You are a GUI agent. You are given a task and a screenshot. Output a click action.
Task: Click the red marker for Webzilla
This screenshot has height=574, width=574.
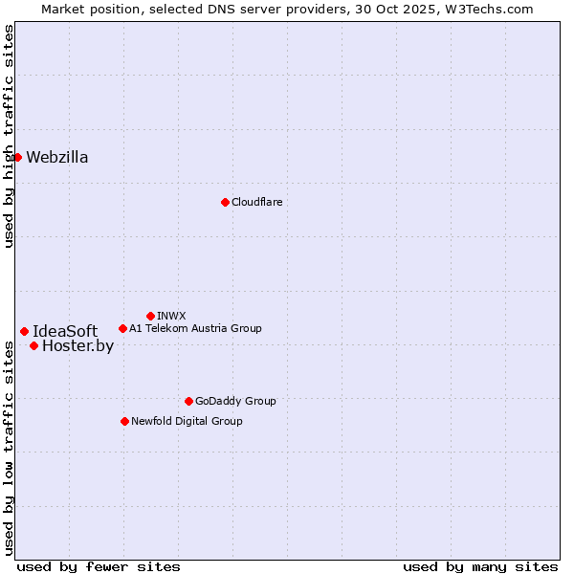pos(17,157)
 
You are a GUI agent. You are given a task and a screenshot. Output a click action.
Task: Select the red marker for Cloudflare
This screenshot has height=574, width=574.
pos(225,202)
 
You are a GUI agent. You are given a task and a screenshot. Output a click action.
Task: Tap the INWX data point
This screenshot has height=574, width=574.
pos(150,316)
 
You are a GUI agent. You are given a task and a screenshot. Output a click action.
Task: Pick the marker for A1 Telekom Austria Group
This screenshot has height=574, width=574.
pos(122,328)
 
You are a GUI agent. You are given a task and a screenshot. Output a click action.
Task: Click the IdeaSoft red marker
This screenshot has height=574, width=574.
pos(24,331)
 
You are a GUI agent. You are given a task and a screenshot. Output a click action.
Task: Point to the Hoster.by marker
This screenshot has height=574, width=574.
pos(33,345)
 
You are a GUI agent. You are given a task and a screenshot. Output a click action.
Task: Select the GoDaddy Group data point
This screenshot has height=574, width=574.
pos(188,401)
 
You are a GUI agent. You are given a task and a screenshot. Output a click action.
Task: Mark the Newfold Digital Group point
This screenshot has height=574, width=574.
pos(124,421)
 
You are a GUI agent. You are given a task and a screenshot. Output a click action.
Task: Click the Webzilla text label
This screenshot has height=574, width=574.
pos(57,158)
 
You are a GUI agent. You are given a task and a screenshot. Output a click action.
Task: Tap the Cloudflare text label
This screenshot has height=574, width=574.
pos(256,202)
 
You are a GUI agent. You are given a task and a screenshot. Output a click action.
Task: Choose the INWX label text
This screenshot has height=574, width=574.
pos(171,316)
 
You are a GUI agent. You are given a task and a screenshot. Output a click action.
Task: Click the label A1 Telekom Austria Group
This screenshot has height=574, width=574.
pos(195,328)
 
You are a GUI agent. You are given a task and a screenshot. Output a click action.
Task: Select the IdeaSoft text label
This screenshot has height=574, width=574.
pos(65,332)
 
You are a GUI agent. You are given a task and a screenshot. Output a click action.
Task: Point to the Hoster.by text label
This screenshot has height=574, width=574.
pos(77,346)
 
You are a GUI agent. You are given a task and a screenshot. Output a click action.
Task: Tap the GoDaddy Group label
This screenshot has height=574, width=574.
pos(235,401)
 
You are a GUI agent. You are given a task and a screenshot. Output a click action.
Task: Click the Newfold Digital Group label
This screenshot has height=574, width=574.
pos(187,421)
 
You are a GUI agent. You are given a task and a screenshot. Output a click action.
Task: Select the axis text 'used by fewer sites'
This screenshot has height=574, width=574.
pos(99,566)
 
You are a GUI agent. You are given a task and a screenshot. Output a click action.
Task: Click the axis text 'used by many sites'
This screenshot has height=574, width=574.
pos(480,566)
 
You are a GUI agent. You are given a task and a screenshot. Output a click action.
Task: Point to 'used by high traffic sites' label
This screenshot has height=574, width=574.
pos(9,136)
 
